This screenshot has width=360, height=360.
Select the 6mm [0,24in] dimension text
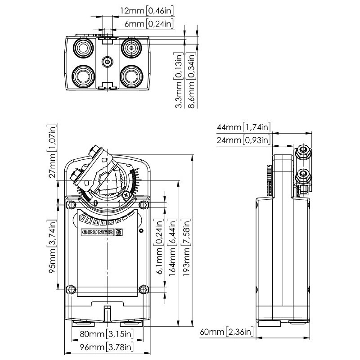tap(143, 24)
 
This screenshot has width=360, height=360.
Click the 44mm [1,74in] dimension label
tap(243, 127)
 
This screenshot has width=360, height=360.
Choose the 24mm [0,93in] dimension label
tap(243, 140)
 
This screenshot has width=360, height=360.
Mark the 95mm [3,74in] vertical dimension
tap(53, 247)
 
